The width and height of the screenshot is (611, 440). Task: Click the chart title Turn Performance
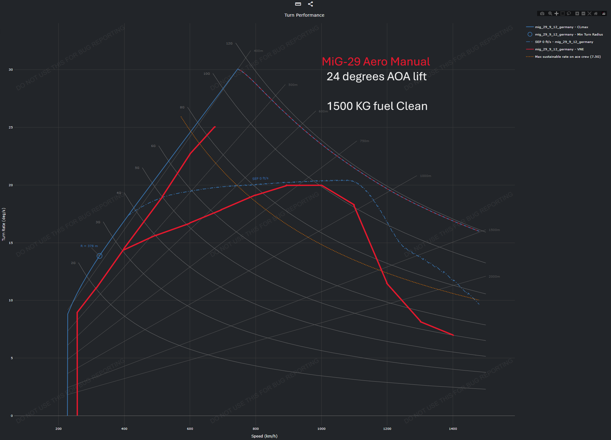coord(304,15)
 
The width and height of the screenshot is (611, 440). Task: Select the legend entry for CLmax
coord(561,27)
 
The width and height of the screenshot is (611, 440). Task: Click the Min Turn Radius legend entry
coord(569,35)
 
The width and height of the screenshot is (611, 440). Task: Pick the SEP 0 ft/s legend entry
coord(564,42)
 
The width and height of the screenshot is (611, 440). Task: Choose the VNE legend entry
coord(559,49)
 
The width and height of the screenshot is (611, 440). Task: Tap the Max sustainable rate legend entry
coord(567,57)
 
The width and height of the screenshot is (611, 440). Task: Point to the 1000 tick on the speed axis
coord(321,429)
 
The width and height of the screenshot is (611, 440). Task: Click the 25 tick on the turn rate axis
coord(11,128)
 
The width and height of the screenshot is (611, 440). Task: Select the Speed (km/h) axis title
coord(264,436)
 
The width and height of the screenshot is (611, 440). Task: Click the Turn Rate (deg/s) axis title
coord(4,224)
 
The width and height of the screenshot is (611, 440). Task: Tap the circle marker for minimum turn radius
coord(99,256)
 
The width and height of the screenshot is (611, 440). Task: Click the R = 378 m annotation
coord(89,246)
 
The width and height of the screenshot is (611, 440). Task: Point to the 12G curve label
coord(229,44)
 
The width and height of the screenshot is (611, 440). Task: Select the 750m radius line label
coord(364,141)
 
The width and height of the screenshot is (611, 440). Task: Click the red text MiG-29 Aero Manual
coord(376,61)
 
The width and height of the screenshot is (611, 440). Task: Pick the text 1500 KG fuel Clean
coord(377,106)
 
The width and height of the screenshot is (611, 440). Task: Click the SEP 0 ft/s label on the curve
coord(260,178)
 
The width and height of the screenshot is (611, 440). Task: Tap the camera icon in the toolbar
coord(542,14)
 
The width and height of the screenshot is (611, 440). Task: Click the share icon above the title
coord(311,4)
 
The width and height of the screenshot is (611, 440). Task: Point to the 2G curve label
coord(73,263)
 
